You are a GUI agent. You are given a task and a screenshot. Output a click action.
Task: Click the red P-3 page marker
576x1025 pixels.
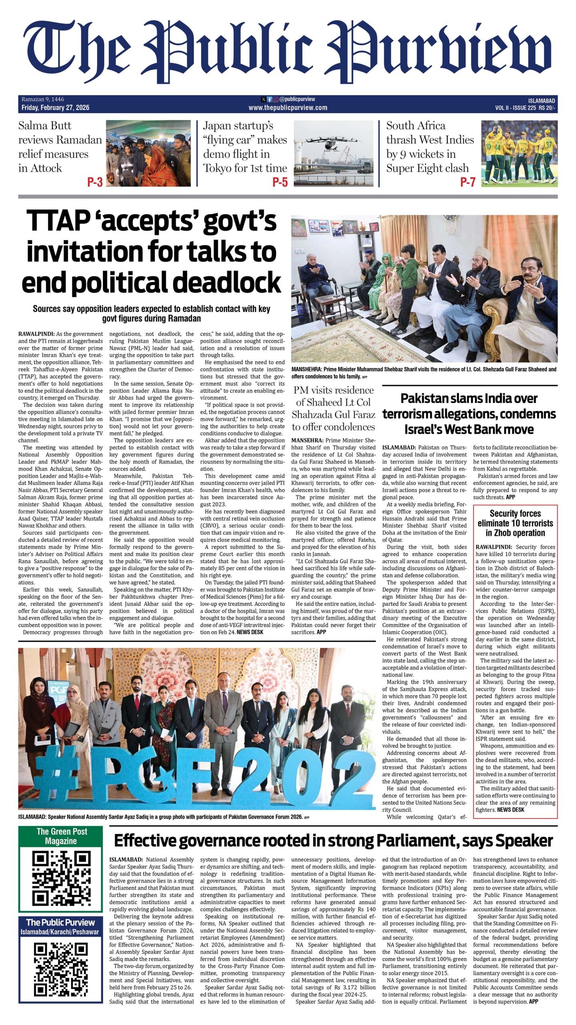coord(95,182)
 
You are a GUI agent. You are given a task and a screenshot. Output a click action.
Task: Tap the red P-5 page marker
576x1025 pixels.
coord(280,182)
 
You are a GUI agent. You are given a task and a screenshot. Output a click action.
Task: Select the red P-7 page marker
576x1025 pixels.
coord(467,182)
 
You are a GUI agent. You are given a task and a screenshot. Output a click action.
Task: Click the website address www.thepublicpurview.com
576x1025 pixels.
coord(288,107)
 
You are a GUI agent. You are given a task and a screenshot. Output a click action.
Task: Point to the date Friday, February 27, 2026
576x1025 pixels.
coord(56,107)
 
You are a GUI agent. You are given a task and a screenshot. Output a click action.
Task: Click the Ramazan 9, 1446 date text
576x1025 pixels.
coord(43,99)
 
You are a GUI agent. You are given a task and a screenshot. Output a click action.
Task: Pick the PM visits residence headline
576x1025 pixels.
coord(333,408)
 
